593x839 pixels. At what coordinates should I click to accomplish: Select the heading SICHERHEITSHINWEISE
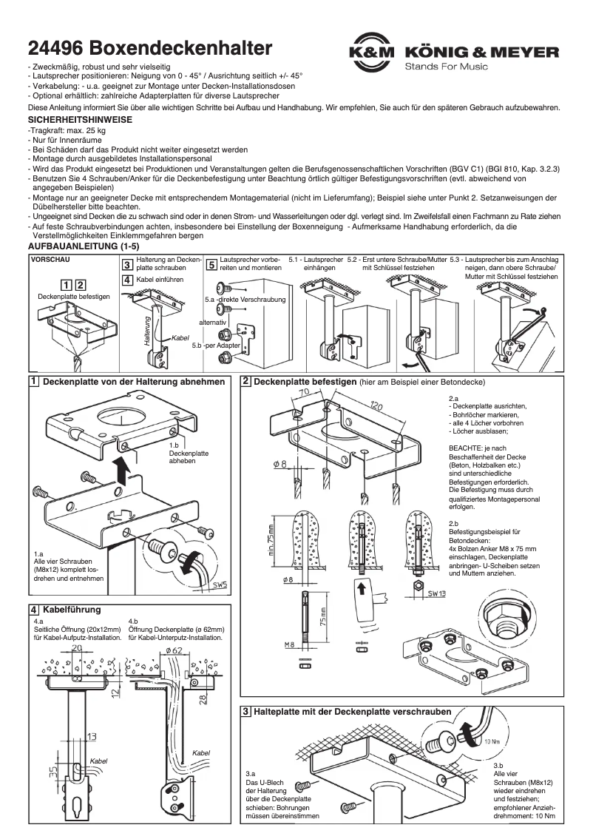pyautogui.click(x=80, y=119)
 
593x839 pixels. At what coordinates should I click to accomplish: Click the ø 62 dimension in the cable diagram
pyautogui.click(x=174, y=650)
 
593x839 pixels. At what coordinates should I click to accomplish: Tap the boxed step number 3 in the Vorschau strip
pyautogui.click(x=127, y=266)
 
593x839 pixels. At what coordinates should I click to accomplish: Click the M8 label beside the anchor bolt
pyautogui.click(x=291, y=645)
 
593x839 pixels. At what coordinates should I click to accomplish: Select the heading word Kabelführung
pyautogui.click(x=72, y=609)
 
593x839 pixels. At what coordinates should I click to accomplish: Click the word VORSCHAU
pyautogui.click(x=50, y=260)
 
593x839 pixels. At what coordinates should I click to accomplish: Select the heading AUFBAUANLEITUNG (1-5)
pyautogui.click(x=83, y=245)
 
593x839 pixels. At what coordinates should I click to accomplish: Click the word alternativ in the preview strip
pyautogui.click(x=213, y=323)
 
